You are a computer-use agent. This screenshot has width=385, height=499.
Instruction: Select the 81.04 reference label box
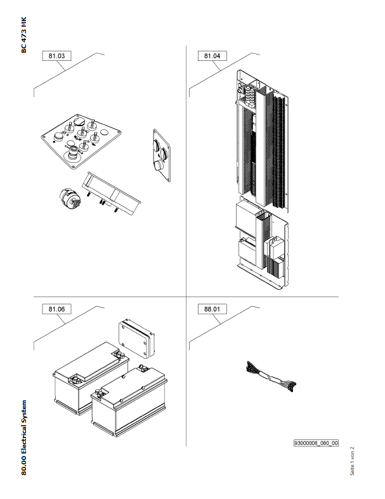tap(212, 56)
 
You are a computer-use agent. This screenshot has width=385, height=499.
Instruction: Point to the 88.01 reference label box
tap(212, 309)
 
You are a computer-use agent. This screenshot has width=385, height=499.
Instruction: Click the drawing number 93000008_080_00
tap(315, 443)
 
